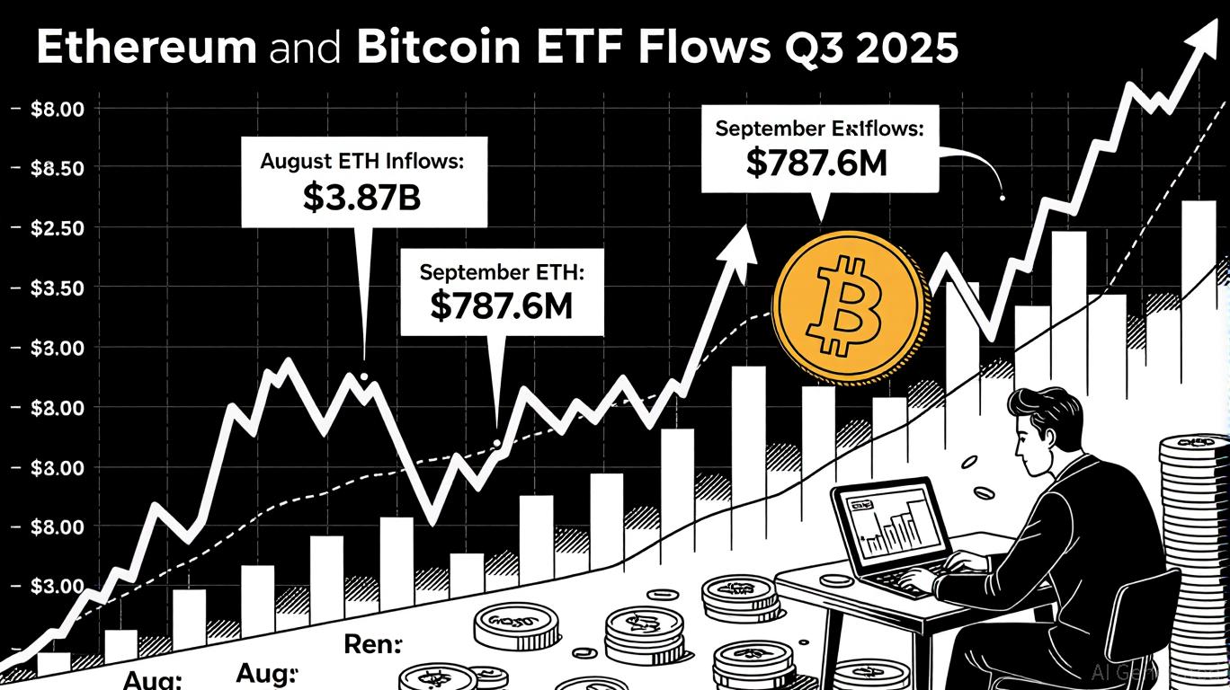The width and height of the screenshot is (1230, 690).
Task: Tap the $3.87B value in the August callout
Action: tap(361, 198)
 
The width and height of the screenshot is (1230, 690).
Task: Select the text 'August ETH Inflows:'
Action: tap(361, 163)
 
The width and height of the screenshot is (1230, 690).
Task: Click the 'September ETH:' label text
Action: tap(500, 271)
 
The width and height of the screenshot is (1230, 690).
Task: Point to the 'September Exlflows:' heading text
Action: tap(819, 128)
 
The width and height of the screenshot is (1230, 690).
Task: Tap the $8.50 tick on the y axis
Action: tap(57, 169)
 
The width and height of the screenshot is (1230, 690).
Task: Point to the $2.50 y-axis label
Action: tap(57, 228)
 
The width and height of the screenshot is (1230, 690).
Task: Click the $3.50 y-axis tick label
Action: tap(57, 288)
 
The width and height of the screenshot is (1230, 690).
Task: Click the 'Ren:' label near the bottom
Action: tap(372, 644)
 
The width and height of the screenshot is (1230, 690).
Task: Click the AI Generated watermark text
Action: tap(1155, 672)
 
